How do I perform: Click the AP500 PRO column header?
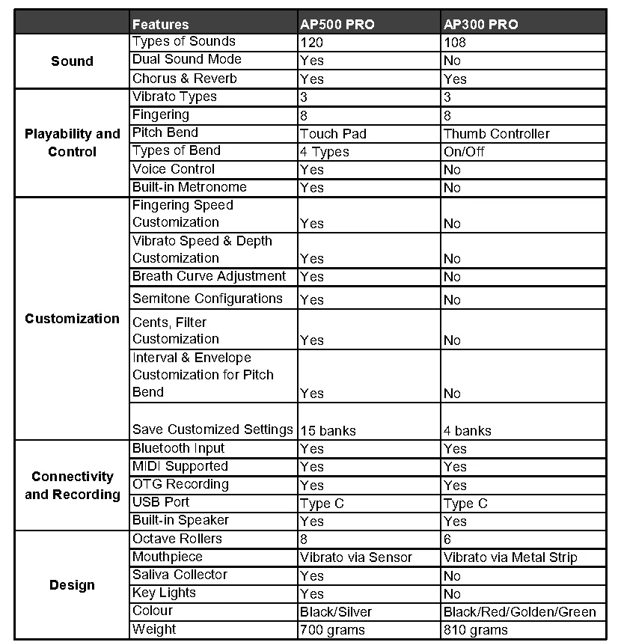[x=337, y=24]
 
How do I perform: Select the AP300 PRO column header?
[x=480, y=24]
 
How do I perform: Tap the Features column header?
[x=161, y=24]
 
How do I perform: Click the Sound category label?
[x=72, y=61]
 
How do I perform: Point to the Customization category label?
[x=72, y=319]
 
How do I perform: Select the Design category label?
[x=72, y=585]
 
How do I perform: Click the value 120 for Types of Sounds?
[x=311, y=43]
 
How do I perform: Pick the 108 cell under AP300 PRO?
[x=455, y=43]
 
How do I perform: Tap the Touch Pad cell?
[x=333, y=134]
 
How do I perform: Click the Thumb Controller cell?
[x=496, y=134]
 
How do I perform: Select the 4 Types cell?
[x=324, y=152]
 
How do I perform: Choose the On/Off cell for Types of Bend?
[x=464, y=152]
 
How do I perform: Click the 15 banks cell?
[x=328, y=431]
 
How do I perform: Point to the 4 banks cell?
[x=467, y=431]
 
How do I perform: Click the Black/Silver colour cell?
[x=336, y=612]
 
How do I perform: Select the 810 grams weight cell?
[x=476, y=630]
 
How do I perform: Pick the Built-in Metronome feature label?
[x=189, y=187]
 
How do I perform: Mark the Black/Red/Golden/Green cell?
[x=520, y=612]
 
